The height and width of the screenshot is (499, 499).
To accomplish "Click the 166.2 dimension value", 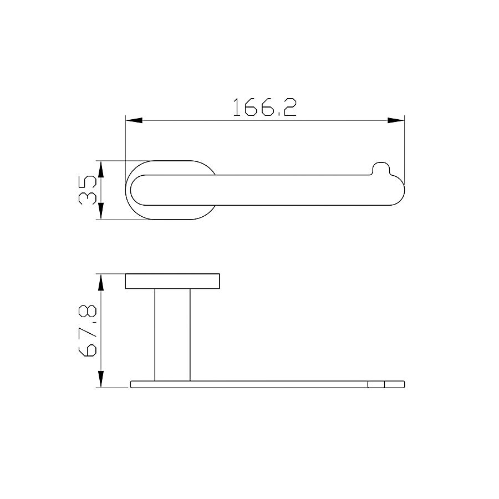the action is tap(265, 107).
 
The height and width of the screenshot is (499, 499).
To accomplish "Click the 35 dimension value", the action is tap(87, 190).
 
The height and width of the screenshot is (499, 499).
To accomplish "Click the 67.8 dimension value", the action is tap(87, 330).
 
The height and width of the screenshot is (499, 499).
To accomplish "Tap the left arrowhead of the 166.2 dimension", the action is tap(134, 121).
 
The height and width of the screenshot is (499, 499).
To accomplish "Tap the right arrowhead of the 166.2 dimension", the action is tap(396, 121).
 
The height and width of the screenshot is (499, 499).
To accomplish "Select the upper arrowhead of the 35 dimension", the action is tap(101, 169).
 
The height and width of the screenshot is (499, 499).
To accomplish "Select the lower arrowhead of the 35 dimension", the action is tap(101, 211).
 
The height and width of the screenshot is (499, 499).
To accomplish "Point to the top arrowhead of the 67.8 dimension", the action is tap(101, 282).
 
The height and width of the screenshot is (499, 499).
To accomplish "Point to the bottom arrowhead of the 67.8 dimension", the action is tap(101, 379).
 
